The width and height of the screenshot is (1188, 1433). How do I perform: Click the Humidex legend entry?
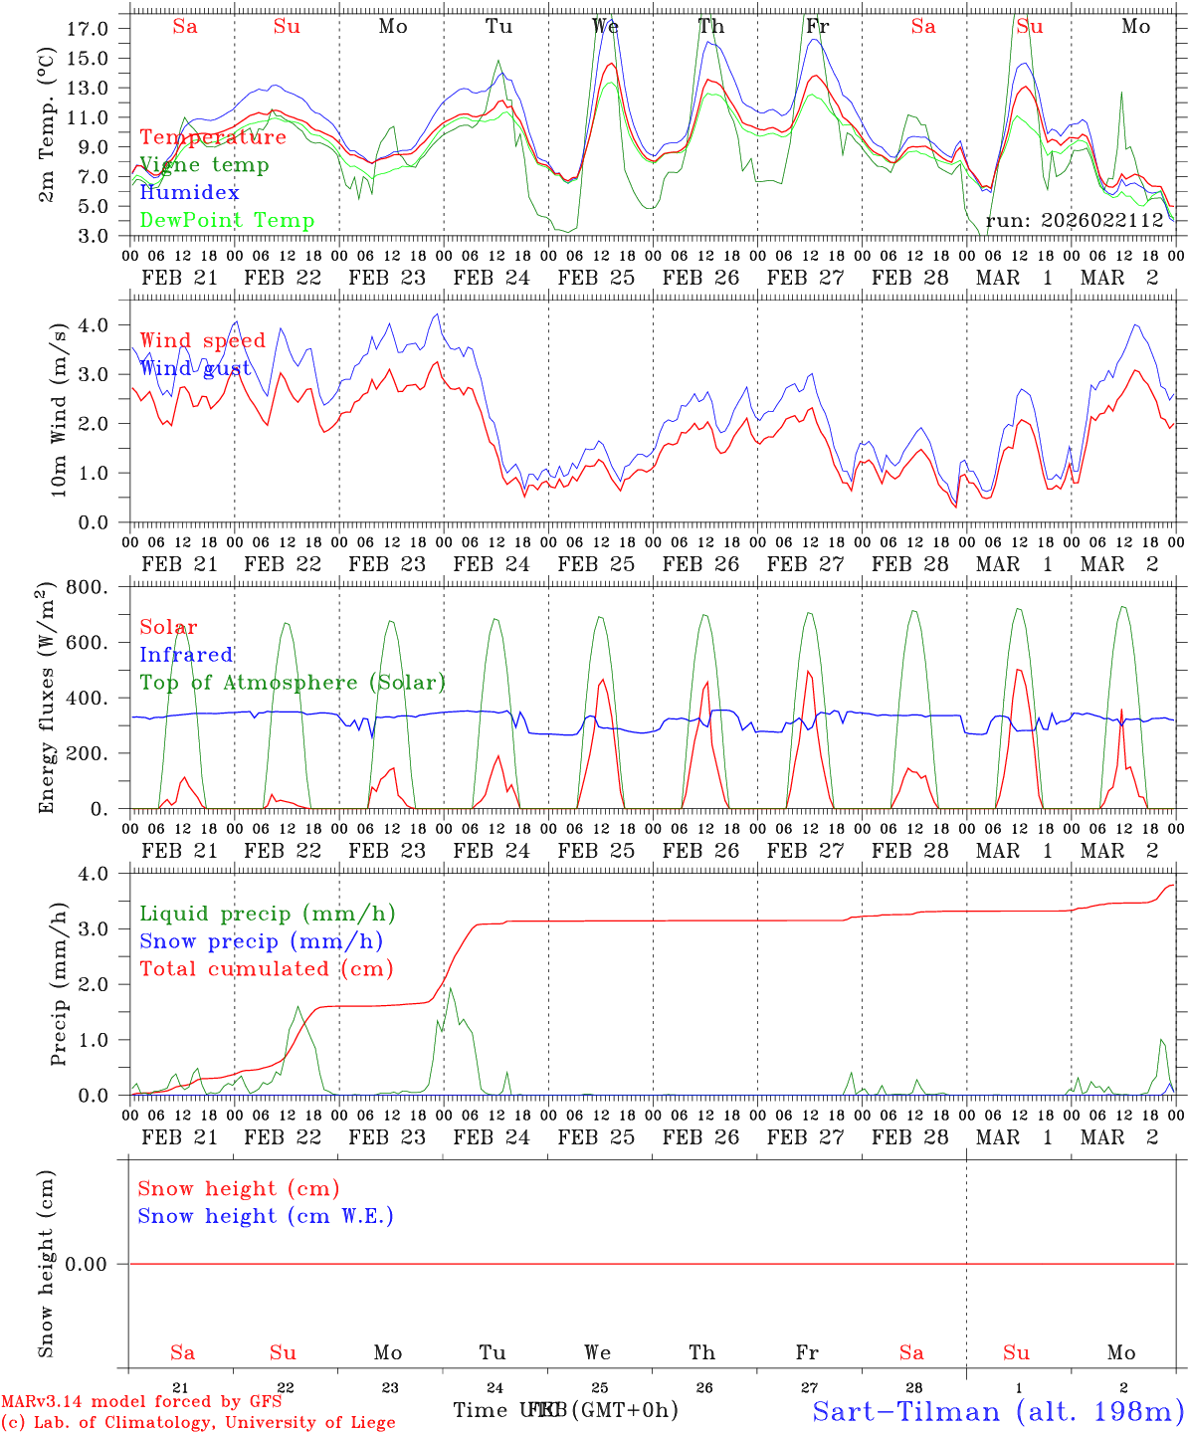point(189,193)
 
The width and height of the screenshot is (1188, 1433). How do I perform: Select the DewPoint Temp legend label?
point(227,221)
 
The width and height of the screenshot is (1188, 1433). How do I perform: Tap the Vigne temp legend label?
point(204,165)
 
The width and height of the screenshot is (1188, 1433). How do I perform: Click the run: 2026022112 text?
point(1075,221)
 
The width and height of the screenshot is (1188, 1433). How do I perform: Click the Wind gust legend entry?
point(195,368)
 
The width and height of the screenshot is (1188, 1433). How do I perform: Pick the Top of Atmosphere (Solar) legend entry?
point(293,683)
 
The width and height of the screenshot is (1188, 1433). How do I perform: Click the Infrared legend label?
point(186,655)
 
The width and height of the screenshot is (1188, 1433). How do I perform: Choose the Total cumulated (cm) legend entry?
point(266,969)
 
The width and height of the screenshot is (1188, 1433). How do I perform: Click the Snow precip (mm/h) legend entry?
point(261,941)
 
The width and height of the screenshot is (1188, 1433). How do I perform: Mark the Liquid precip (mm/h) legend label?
point(267,914)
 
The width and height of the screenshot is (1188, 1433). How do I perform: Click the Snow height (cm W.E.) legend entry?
point(266,1216)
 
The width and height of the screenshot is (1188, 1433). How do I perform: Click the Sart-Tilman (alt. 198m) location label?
point(998,1411)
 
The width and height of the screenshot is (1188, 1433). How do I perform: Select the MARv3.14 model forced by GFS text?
point(141,1402)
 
